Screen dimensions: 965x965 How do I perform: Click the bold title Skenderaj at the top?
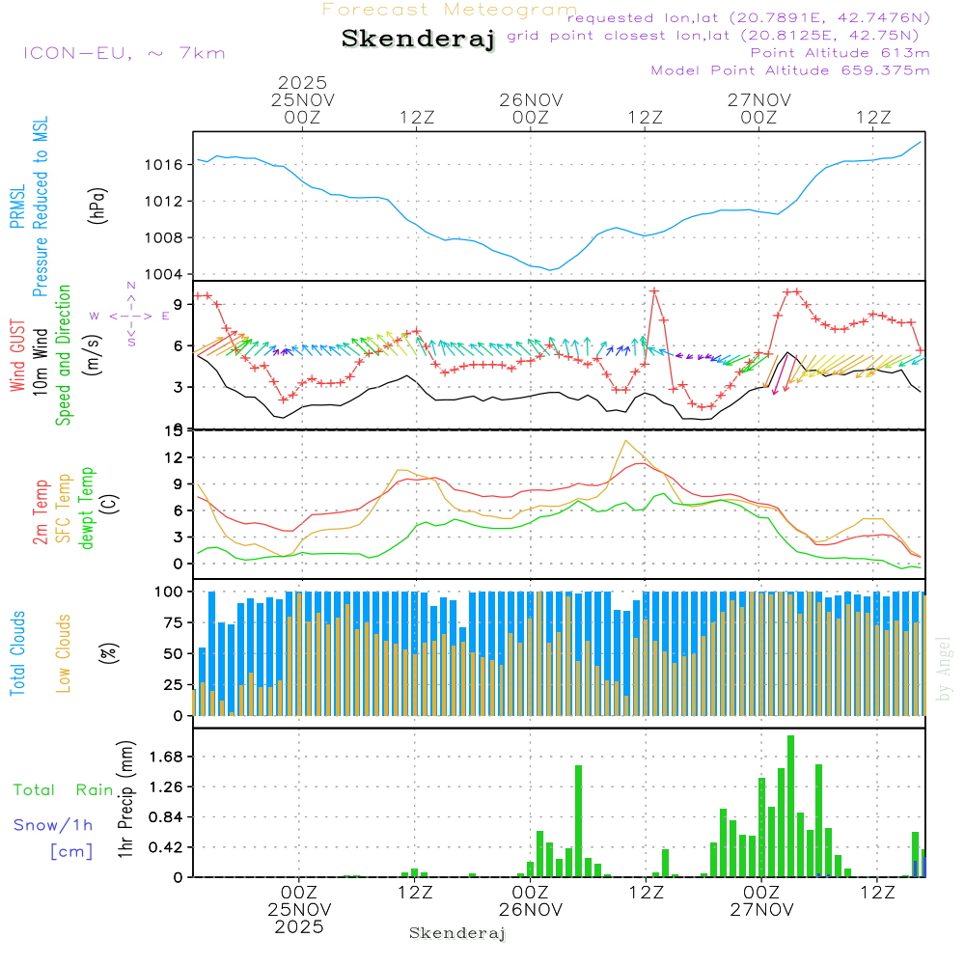click(x=418, y=39)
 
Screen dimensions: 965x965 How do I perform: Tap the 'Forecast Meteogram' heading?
click(x=450, y=10)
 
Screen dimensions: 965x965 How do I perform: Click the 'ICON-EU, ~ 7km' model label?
click(x=124, y=53)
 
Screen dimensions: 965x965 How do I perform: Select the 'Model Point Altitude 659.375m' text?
click(x=790, y=70)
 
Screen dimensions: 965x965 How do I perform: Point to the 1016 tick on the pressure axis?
click(x=170, y=165)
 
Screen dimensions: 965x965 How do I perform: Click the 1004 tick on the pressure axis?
click(x=170, y=274)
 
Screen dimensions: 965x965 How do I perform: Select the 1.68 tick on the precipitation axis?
click(x=167, y=757)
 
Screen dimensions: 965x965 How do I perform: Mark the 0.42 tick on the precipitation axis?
click(x=167, y=847)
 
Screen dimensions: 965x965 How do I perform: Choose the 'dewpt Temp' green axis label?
click(x=88, y=509)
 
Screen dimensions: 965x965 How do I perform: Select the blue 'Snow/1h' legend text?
click(x=54, y=825)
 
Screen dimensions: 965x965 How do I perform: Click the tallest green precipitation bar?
click(x=790, y=806)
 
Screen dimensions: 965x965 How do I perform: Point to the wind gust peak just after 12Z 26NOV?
click(x=654, y=290)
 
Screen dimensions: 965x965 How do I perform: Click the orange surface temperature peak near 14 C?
click(x=626, y=441)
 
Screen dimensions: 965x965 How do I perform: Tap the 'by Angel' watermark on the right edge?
click(x=944, y=669)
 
